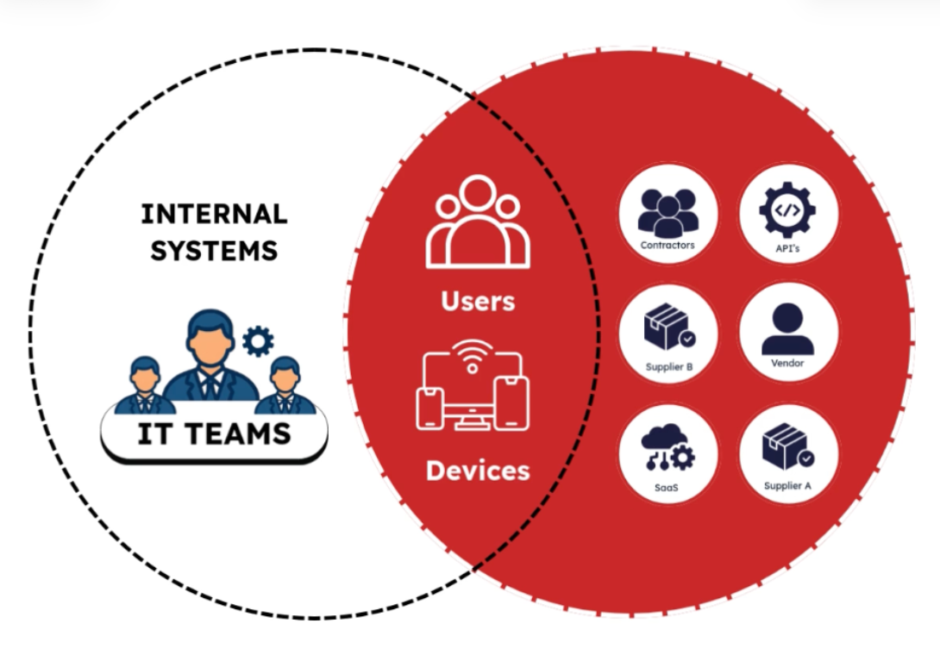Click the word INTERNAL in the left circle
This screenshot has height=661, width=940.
click(214, 214)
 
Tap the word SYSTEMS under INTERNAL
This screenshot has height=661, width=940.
click(214, 250)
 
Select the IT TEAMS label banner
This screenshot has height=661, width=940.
click(214, 433)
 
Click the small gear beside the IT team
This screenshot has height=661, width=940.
click(257, 341)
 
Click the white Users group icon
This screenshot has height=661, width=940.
click(478, 223)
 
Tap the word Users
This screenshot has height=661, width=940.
click(478, 301)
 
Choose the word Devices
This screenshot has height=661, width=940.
click(478, 471)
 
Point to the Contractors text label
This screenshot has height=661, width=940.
click(667, 246)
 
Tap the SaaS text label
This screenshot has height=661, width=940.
click(667, 487)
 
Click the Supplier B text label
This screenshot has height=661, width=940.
click(669, 367)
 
